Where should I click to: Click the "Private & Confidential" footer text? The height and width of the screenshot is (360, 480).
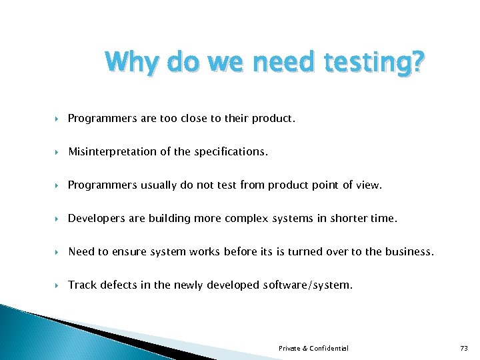pos(313,348)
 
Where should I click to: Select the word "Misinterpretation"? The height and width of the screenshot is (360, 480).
pos(111,151)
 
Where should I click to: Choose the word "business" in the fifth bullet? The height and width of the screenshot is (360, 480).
pos(409,251)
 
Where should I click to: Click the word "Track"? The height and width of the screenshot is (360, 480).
pos(82,285)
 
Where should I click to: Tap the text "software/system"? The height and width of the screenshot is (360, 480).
pos(312,285)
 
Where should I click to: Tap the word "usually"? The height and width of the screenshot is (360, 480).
pos(159,185)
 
